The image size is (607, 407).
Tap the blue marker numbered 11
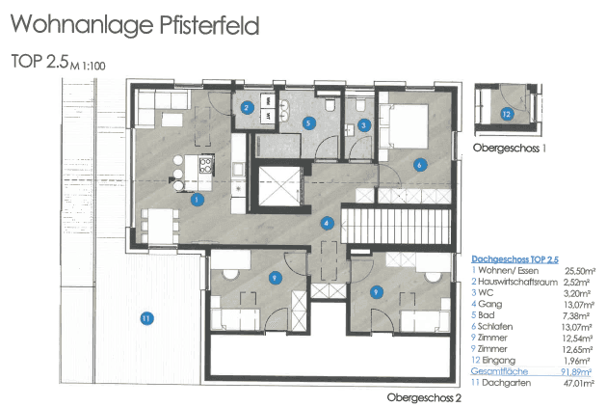click(145, 318)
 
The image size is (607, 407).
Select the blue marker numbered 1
click(197, 201)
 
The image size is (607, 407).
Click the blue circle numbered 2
click(248, 108)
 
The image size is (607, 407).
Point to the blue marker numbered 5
click(308, 122)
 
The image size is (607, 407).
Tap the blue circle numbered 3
click(363, 124)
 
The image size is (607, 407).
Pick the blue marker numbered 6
click(419, 165)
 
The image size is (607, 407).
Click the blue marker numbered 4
click(328, 223)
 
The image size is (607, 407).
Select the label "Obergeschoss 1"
click(510, 149)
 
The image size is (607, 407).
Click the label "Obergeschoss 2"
click(425, 395)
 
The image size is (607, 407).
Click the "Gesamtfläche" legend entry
click(497, 369)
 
